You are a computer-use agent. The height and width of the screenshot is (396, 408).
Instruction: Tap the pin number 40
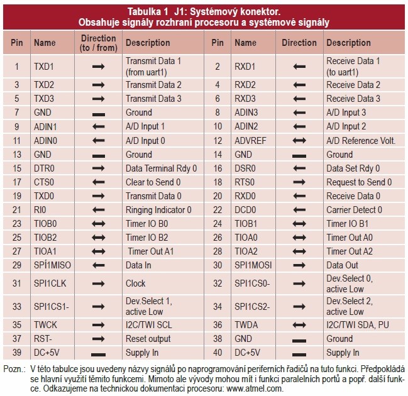tap(217, 353)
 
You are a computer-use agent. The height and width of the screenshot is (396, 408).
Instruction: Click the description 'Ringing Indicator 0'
tap(158, 209)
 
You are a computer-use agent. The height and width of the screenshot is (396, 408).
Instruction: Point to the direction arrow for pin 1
tap(98, 65)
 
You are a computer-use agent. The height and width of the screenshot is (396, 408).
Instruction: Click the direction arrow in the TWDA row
tap(299, 325)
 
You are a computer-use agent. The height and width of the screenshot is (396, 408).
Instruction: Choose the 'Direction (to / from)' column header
tap(98, 43)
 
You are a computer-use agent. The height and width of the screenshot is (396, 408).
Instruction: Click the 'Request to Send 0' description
tap(359, 182)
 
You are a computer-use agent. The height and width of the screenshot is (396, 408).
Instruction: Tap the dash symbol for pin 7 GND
tap(98, 113)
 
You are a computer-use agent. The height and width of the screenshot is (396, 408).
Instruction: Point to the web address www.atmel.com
tap(254, 388)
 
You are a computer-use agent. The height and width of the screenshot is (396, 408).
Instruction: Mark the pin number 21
tap(16, 209)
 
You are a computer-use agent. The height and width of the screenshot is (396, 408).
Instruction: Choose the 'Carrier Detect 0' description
tap(354, 209)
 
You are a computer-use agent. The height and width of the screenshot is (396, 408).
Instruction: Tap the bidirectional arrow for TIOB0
tap(98, 223)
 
